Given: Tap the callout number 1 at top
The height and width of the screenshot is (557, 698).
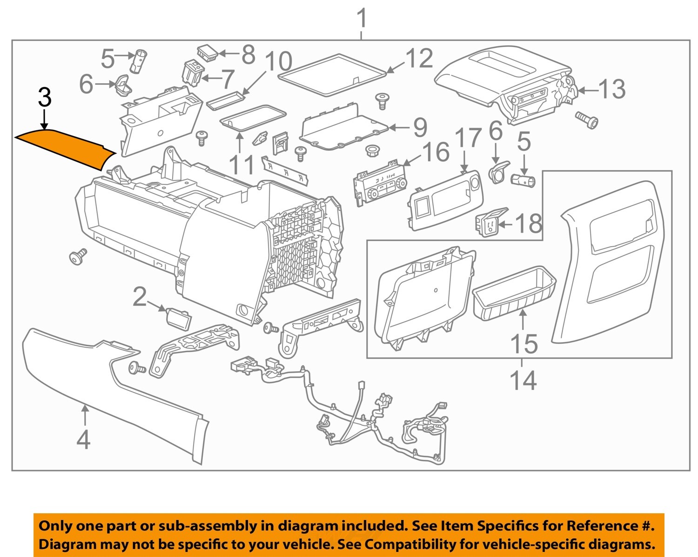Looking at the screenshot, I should click(x=362, y=20).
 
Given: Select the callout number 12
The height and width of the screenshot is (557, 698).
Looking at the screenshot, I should click(x=419, y=59).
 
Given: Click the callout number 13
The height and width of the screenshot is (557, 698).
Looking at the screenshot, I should click(x=611, y=89).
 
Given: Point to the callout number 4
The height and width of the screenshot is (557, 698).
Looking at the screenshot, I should click(x=83, y=439).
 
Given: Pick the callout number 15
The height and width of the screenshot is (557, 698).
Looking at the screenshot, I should click(x=524, y=344).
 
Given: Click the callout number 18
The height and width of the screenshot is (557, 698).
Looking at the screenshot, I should click(x=529, y=224).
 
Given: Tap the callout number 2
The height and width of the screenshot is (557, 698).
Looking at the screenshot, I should click(x=140, y=297).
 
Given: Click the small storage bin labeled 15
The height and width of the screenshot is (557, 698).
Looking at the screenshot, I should click(x=514, y=293).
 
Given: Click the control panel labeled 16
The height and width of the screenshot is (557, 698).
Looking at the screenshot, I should click(x=380, y=188).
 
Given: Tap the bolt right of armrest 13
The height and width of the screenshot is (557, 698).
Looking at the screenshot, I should click(x=587, y=120).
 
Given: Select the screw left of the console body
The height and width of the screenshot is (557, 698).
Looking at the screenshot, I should click(x=78, y=256).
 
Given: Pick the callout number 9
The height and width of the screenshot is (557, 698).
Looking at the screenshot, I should click(x=420, y=128).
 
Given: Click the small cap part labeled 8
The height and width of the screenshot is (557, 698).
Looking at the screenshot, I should click(x=207, y=52).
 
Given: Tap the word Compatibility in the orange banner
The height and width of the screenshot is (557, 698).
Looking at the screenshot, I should click(x=414, y=544).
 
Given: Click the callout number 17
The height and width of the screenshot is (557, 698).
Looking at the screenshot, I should click(x=467, y=138).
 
